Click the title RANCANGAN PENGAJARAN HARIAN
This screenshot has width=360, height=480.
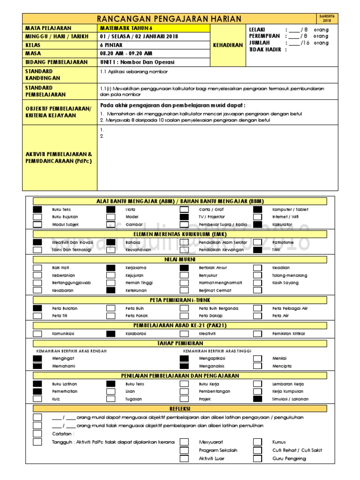pos(169,19)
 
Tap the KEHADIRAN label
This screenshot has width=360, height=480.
pos(228,45)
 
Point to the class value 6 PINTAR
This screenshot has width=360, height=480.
pos(111,45)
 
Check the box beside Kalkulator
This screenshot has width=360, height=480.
pos(258,225)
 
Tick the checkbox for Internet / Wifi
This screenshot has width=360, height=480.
pos(258,217)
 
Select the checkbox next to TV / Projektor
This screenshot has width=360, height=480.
pos(184,217)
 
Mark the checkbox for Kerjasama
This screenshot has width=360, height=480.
pos(111,267)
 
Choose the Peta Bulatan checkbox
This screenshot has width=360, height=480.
pos(37,308)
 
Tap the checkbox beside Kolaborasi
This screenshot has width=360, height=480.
pos(111,334)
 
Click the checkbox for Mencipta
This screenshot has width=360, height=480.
pos(258,366)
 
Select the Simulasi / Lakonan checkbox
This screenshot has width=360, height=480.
pos(258,399)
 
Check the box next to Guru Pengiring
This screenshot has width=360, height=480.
pos(258,458)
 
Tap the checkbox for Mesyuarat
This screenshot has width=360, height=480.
pos(184,442)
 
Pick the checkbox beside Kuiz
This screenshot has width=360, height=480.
pos(37,399)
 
